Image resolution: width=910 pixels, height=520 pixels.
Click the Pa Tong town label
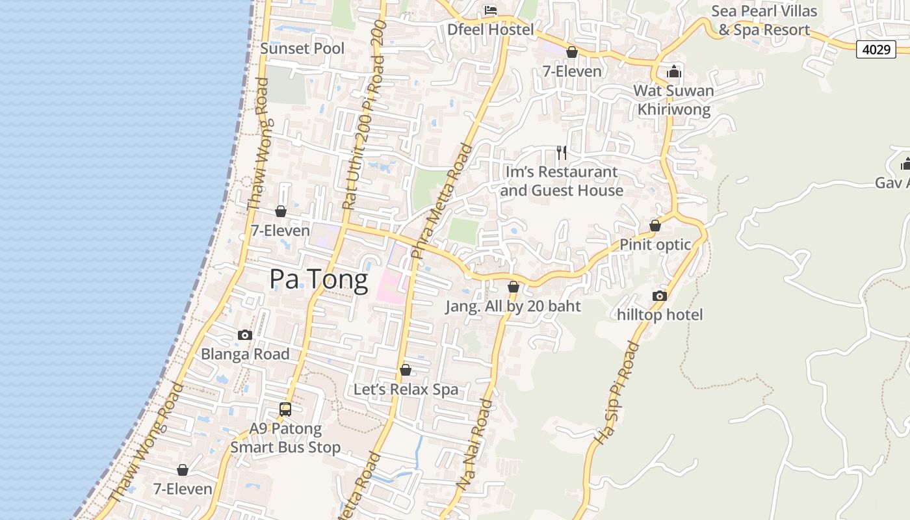(318, 279)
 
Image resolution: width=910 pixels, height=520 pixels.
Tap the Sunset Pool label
(302, 49)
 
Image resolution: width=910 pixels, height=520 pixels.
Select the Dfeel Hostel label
(491, 30)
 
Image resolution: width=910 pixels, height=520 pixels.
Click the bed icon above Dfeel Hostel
(491, 10)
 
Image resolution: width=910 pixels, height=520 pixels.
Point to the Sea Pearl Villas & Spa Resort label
(764, 20)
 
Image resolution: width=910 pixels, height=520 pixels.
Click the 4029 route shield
(876, 49)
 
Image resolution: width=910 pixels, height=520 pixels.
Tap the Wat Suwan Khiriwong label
(674, 100)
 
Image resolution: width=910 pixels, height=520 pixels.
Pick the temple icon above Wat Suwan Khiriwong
(674, 71)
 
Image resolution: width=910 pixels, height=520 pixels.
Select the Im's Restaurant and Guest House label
(562, 181)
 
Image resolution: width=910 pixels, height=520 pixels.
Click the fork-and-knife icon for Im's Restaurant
(562, 153)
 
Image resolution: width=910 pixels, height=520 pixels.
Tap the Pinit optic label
(655, 245)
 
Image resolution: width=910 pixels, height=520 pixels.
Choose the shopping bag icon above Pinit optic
(655, 226)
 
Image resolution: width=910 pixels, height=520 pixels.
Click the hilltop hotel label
(660, 315)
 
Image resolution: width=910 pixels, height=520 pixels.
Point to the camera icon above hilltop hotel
(660, 296)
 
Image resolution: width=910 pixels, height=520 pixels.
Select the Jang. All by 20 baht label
(513, 306)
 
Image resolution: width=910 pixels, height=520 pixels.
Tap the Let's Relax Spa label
(406, 389)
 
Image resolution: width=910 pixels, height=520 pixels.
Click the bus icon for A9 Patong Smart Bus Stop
(285, 409)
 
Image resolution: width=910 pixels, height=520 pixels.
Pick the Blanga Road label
(245, 354)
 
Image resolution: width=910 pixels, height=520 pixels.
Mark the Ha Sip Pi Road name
(617, 394)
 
